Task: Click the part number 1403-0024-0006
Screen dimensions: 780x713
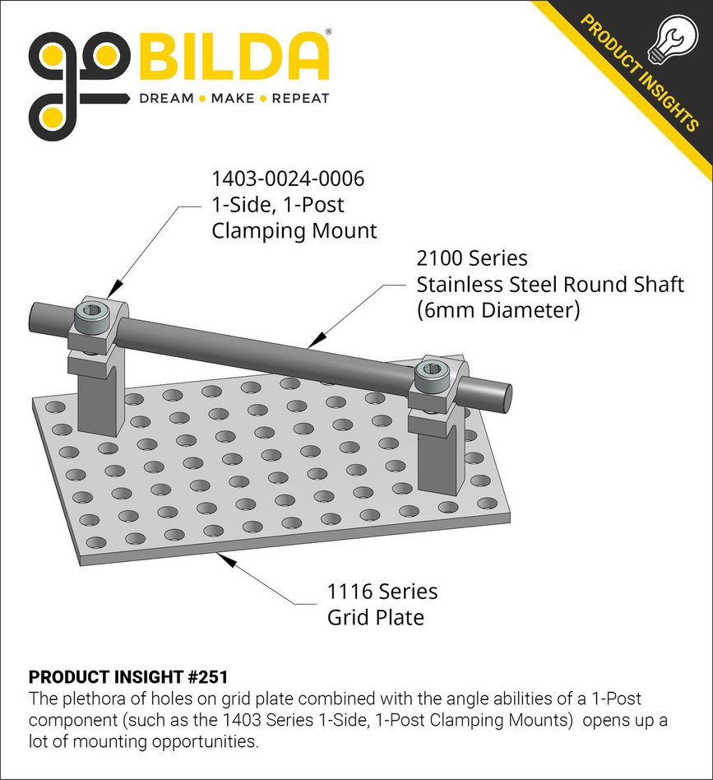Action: coord(287,178)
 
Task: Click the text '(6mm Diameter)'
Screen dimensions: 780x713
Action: coord(498,311)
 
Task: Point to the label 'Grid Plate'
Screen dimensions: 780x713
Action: coord(376,617)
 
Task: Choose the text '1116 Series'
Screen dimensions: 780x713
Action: coord(382,591)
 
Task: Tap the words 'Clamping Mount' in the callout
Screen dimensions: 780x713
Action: coord(294,230)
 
